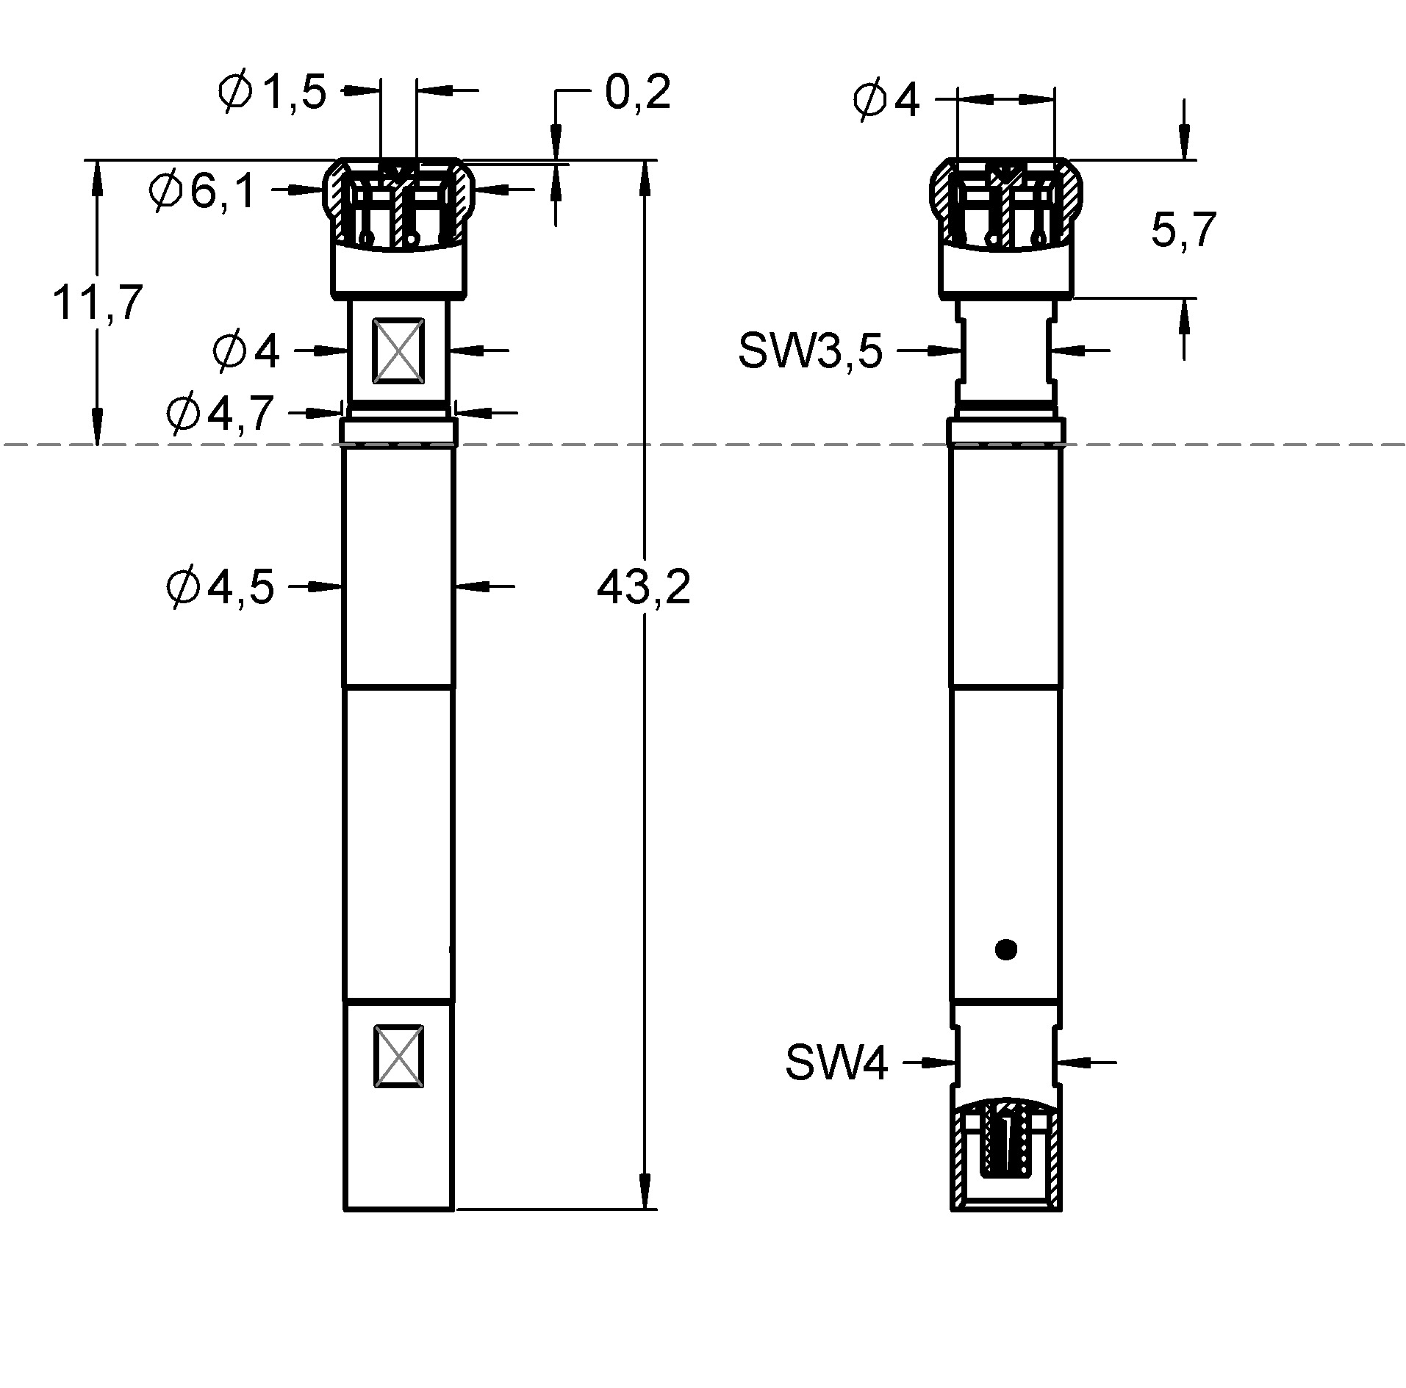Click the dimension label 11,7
(x=96, y=303)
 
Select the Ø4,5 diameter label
(x=220, y=587)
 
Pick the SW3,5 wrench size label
(x=810, y=352)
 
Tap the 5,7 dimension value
(x=1183, y=230)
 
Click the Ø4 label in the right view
(x=886, y=101)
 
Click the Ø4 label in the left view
(x=246, y=351)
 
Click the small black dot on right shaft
(x=1005, y=950)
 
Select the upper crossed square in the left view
(x=398, y=350)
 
